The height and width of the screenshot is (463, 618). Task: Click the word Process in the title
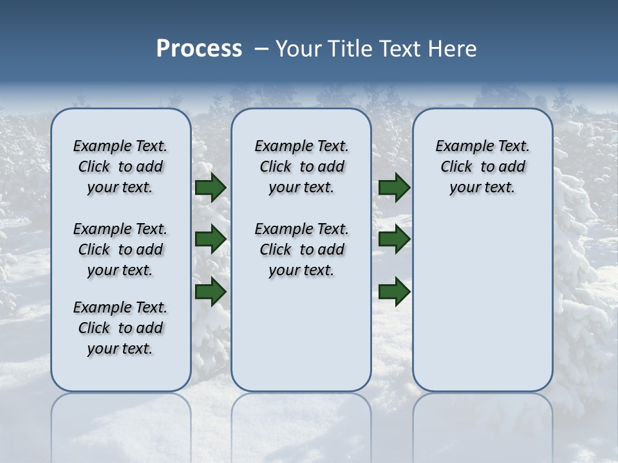(x=199, y=49)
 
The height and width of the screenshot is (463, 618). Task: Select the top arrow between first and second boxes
(x=211, y=188)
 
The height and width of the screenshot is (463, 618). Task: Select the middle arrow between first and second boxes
(x=211, y=239)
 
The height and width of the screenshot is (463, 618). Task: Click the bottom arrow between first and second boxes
(x=211, y=291)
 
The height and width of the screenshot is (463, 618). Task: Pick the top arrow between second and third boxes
(x=395, y=188)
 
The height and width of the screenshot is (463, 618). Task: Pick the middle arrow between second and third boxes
(x=395, y=239)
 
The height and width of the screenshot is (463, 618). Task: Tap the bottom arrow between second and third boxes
(x=395, y=291)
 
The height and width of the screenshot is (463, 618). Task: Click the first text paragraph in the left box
(x=120, y=167)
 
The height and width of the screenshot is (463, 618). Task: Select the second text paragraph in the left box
(x=120, y=250)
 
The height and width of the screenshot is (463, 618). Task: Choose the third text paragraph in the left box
(x=120, y=328)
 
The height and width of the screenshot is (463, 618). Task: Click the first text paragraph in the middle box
(x=301, y=167)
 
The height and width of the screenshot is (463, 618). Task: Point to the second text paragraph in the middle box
(x=301, y=250)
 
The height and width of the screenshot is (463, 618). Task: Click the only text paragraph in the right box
(x=482, y=167)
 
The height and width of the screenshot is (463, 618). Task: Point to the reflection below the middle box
(x=301, y=418)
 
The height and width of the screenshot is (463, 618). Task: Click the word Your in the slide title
(x=299, y=49)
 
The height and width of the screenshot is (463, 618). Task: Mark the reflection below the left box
(x=120, y=418)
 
